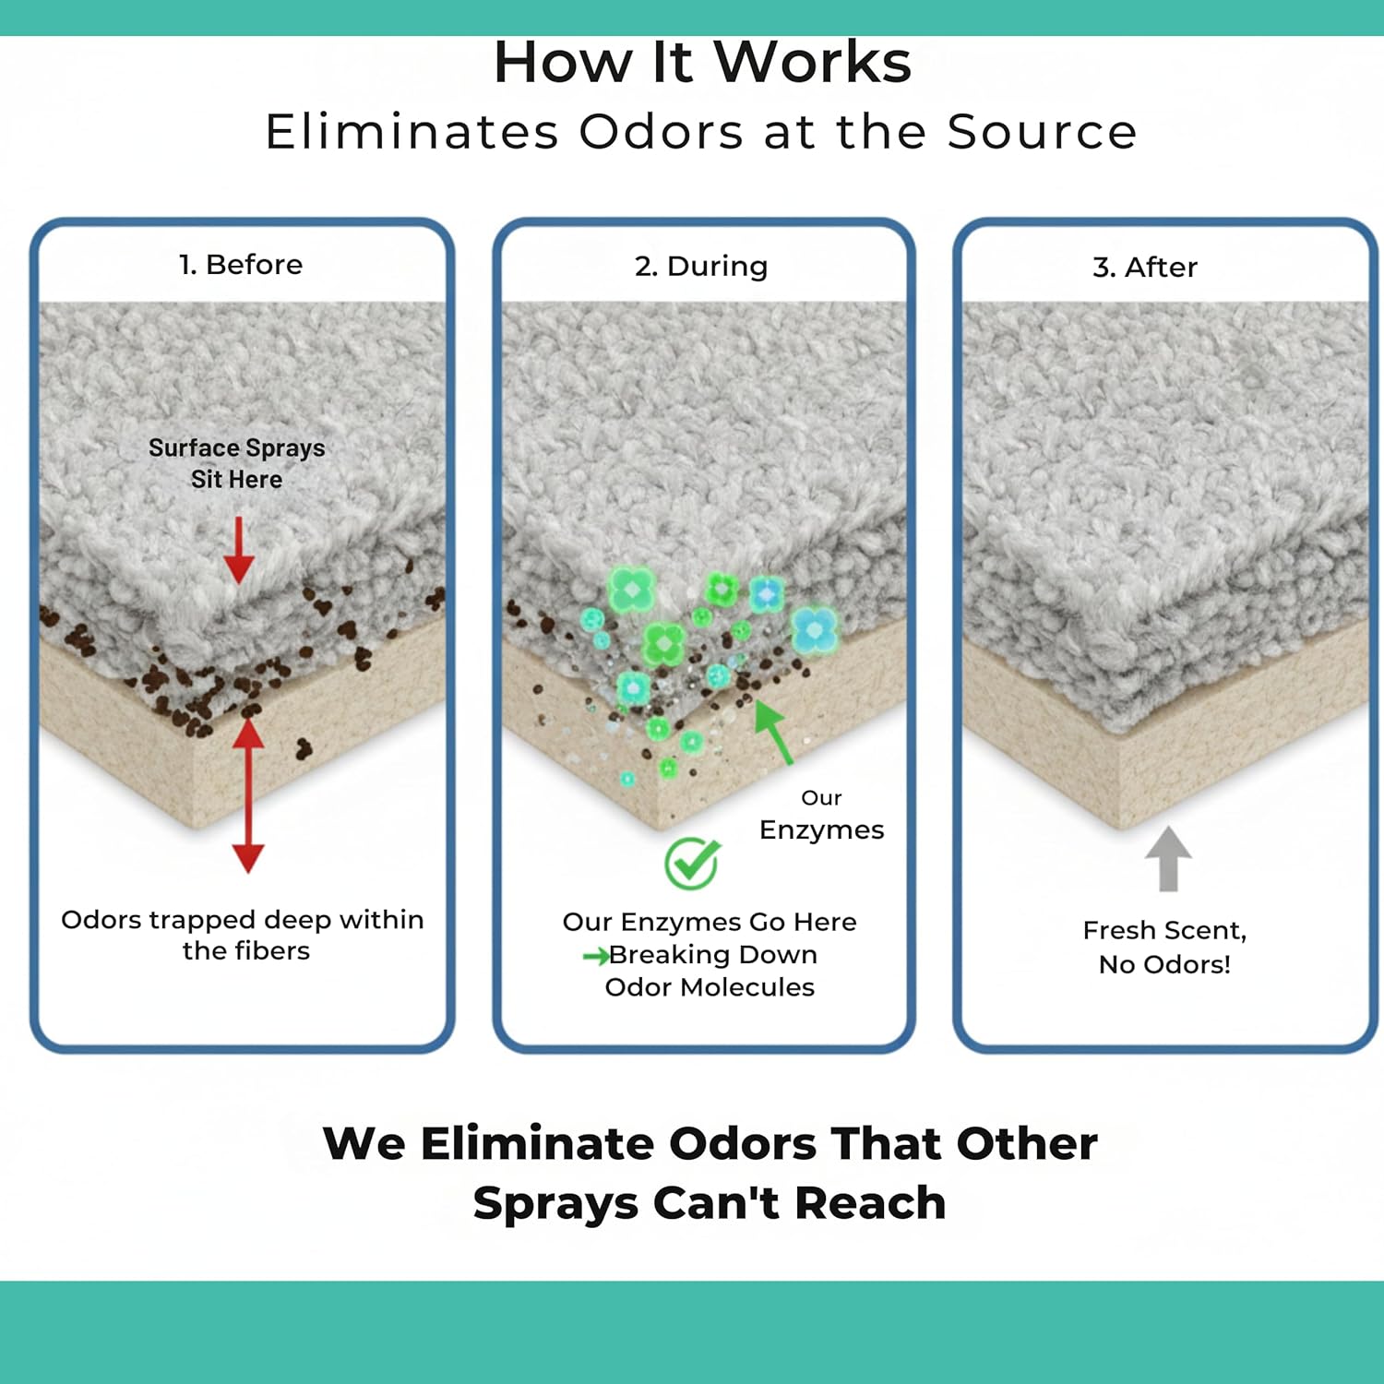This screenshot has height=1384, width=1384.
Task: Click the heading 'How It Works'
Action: tap(702, 63)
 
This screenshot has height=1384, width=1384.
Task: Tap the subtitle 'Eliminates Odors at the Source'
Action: tap(701, 131)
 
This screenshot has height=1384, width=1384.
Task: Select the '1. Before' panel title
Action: tap(241, 265)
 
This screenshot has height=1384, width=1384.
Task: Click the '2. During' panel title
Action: tap(701, 266)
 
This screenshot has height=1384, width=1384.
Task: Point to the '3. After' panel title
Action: tap(1145, 268)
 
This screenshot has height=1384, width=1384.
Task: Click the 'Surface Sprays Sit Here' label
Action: tap(237, 463)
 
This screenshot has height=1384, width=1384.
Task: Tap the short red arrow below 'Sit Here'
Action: tap(239, 550)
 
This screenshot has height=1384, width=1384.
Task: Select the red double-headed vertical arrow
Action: tap(248, 795)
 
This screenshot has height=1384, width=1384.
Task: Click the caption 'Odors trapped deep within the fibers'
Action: tap(243, 935)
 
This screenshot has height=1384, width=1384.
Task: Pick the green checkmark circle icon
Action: tap(692, 864)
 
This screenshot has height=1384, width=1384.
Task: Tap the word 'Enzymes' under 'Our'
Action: tap(821, 829)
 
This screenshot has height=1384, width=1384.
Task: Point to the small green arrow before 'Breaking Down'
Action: tap(595, 956)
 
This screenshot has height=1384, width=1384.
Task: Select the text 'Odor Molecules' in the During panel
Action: tap(710, 987)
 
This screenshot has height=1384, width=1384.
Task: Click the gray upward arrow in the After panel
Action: tap(1168, 858)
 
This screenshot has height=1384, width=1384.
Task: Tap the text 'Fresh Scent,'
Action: tap(1164, 930)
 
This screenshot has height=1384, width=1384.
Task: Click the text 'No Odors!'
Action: tap(1164, 965)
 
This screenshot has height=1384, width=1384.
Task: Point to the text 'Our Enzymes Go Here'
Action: tap(710, 922)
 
